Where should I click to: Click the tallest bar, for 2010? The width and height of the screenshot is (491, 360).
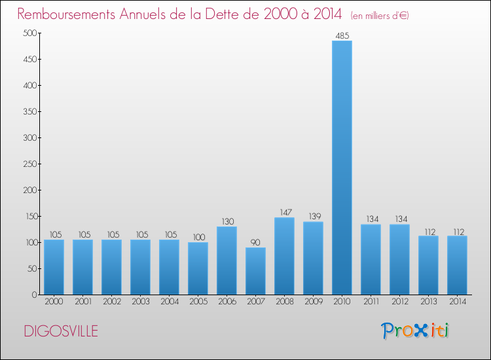342,168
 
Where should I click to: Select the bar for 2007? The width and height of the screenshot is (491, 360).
255,271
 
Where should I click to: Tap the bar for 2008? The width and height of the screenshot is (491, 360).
284,256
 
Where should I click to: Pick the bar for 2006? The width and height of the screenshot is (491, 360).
227,261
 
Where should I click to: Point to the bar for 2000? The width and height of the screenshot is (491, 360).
54,267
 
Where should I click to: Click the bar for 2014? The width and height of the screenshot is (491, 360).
457,265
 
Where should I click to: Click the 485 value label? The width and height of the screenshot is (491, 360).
342,35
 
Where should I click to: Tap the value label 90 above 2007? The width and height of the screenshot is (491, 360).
255,242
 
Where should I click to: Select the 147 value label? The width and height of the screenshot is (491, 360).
284,212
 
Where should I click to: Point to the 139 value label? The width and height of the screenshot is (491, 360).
313,217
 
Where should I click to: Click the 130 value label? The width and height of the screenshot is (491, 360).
227,221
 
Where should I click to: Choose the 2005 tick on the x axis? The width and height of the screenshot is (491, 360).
198,302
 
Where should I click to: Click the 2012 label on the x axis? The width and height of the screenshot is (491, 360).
399,302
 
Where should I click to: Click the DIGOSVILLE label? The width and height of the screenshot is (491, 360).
61,331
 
